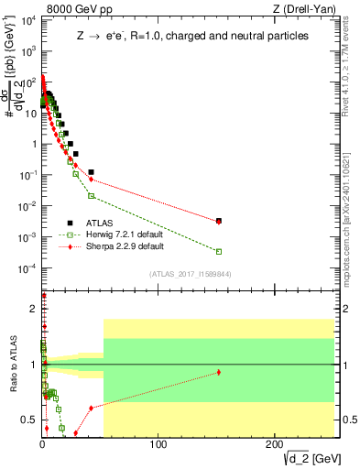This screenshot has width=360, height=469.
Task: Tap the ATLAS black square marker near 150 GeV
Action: click(218, 221)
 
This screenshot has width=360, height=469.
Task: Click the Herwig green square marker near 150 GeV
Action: click(218, 251)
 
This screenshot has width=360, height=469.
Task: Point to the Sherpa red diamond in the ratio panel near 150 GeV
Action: click(218, 371)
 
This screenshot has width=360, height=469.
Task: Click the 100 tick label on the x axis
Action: click(158, 444)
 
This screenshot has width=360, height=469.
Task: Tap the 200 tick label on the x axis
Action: click(276, 444)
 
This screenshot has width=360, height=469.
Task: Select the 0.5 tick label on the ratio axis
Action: click(29, 420)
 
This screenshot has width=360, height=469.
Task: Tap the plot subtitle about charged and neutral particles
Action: click(180, 36)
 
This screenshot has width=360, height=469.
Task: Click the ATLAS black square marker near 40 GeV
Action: click(91, 172)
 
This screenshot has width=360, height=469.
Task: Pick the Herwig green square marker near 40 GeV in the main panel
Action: click(91, 195)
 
